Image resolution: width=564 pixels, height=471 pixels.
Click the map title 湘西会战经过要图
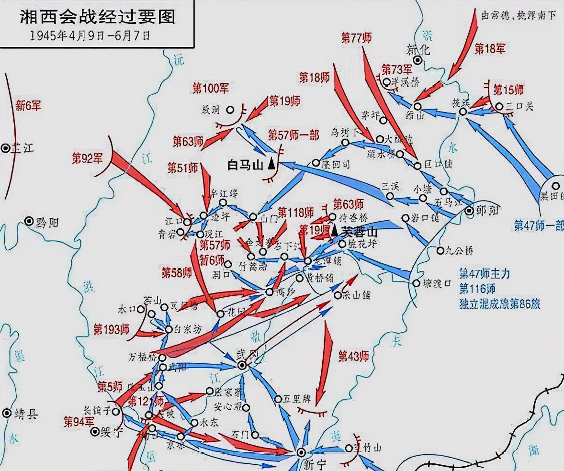pos(97,17)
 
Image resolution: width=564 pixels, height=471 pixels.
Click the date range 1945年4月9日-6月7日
pos(90,36)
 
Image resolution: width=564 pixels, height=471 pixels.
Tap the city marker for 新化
pos(418,60)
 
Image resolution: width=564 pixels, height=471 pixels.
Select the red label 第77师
pos(357,38)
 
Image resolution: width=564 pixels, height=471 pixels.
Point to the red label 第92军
pos(88,158)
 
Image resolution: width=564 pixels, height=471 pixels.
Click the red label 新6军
pos(28,105)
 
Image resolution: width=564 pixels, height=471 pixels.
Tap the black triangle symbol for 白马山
pos(271,164)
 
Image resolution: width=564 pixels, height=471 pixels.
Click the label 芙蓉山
pos(360,232)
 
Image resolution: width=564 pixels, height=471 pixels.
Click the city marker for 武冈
pos(242,365)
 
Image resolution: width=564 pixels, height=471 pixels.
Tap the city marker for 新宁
pos(301,452)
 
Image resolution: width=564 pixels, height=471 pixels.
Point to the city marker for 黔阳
pos(29,221)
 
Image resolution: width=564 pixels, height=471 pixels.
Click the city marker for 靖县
pos(7,413)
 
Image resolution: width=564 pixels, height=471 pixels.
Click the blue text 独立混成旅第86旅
pos(499,303)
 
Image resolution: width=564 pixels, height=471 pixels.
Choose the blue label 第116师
pos(477,289)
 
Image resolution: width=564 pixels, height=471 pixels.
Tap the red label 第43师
pos(353,356)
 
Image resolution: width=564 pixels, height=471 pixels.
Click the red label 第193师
pos(111,329)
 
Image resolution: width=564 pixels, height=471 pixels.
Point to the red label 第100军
pos(211,88)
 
